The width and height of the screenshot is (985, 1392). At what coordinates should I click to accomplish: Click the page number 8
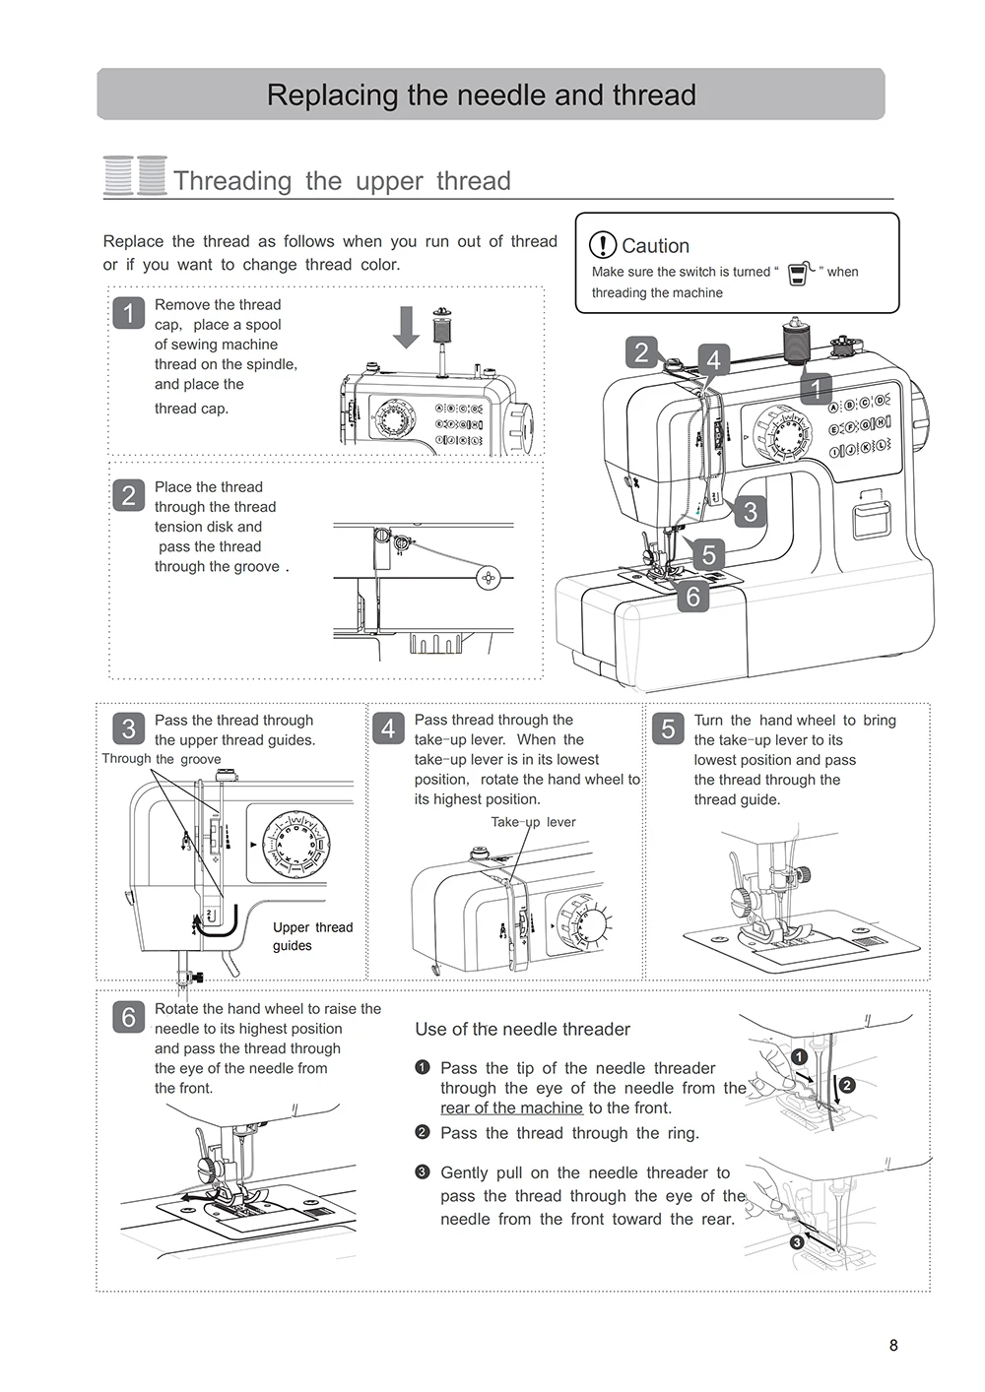[893, 1346]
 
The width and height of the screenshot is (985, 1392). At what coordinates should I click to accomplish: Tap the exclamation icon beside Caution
[602, 245]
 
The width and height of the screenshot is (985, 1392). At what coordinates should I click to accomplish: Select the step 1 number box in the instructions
[129, 313]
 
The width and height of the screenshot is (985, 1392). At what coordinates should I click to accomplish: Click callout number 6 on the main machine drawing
[693, 596]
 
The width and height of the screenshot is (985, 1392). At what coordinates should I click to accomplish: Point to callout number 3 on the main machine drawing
[751, 511]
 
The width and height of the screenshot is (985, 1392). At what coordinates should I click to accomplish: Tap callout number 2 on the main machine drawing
[642, 351]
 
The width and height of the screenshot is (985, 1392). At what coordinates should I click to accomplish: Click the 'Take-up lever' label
[533, 822]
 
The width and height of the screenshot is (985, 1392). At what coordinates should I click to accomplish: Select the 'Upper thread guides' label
[312, 936]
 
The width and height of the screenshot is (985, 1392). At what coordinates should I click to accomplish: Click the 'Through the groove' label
[162, 759]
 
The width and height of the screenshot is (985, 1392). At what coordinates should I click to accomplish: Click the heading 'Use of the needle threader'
[522, 1029]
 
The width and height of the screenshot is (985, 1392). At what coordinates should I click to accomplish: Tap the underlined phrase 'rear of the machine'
[511, 1107]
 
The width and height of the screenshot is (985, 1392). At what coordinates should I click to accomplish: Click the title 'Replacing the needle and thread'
[481, 95]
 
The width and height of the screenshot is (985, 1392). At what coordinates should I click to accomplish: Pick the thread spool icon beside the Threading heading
[135, 176]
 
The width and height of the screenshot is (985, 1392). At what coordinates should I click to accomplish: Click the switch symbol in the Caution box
[799, 272]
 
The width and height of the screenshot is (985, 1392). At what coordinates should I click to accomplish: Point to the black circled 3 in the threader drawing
[797, 1242]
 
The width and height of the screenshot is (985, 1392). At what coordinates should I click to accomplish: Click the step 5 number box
[668, 728]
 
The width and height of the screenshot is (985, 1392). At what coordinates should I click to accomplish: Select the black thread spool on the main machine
[794, 341]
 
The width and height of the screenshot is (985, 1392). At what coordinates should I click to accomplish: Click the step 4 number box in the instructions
[388, 728]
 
